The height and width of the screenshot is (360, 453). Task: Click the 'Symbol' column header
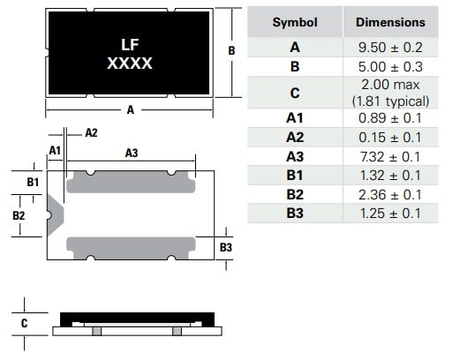294,22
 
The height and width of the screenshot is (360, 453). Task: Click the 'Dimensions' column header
389,22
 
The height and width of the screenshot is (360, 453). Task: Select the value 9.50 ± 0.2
389,48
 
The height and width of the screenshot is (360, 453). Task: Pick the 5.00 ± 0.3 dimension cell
389,66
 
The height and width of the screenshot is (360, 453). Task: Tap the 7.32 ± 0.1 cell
389,156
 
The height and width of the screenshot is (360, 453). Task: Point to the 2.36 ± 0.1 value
389,194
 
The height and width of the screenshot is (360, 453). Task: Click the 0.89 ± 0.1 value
389,119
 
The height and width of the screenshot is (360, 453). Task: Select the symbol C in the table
294,93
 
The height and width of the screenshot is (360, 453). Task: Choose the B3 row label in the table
294,213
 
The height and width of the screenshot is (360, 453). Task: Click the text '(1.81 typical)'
389,101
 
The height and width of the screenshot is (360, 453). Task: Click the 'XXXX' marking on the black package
129,64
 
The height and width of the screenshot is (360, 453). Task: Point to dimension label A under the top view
130,110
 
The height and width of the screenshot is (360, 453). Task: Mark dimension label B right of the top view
231,51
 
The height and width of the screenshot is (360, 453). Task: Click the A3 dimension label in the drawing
131,153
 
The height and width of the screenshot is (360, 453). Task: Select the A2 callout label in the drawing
91,132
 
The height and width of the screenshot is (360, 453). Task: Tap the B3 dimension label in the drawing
225,248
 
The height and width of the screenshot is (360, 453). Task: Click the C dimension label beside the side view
24,323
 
